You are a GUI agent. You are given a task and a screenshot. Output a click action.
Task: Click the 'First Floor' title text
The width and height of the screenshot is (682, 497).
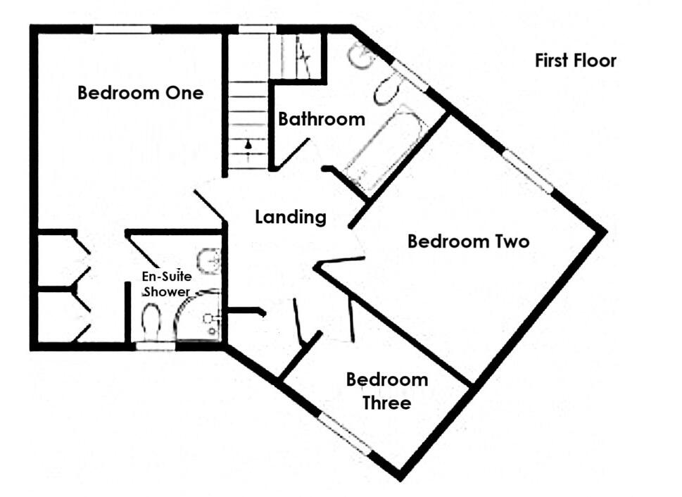click(x=575, y=61)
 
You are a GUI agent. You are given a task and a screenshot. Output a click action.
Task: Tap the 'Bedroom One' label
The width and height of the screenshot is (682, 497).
click(x=140, y=93)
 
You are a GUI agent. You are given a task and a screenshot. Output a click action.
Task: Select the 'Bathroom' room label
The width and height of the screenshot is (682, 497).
click(x=322, y=119)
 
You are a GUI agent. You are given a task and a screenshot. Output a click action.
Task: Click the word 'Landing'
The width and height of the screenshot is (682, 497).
click(x=291, y=218)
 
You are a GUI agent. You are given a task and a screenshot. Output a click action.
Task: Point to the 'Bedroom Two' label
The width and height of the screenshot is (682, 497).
click(x=468, y=242)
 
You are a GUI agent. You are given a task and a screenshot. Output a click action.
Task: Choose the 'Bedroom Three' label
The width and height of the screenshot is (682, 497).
click(x=387, y=391)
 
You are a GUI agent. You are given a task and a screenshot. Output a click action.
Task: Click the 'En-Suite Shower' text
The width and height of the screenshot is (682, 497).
click(x=168, y=284)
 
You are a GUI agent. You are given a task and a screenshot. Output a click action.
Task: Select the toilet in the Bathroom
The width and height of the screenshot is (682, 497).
click(x=386, y=90)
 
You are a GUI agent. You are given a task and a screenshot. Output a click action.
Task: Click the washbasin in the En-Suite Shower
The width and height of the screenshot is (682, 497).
click(x=210, y=260)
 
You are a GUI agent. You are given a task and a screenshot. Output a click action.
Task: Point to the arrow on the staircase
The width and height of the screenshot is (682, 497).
click(x=247, y=145)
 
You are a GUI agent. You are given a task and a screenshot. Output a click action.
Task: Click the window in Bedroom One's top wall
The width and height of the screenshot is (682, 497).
click(x=122, y=29)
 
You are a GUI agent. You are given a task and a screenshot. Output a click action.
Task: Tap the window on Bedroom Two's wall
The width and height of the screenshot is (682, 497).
click(x=528, y=171)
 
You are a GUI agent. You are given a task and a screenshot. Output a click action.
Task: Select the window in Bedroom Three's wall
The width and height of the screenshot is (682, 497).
click(x=344, y=433)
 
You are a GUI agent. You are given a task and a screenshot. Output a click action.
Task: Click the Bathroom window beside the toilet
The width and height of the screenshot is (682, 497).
click(x=410, y=75)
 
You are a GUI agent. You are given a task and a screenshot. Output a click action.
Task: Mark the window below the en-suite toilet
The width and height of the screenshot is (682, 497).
click(x=155, y=346)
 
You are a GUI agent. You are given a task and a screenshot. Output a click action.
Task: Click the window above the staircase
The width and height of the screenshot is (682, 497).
click(x=257, y=29)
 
